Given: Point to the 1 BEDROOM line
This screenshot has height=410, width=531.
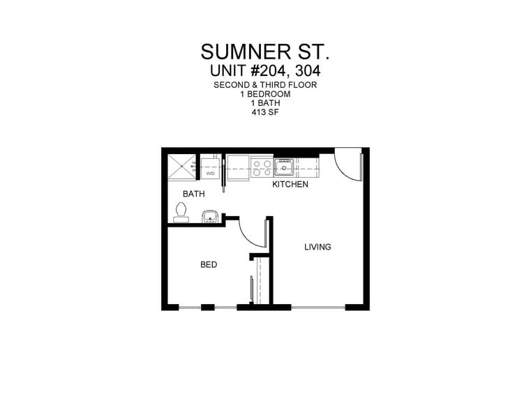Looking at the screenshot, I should click(265, 93).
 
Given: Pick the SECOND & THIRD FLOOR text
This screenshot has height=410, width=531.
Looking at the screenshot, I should click(265, 84).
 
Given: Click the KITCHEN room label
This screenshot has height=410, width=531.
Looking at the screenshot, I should click(290, 184).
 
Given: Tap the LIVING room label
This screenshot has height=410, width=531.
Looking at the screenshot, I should click(317, 247).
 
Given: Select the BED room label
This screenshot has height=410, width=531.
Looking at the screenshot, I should click(208, 265).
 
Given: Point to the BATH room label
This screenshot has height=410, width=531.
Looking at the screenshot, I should click(193, 194).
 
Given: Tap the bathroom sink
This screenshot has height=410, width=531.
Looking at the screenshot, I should click(210, 217).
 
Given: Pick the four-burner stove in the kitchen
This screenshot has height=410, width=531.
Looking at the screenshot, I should click(262, 167).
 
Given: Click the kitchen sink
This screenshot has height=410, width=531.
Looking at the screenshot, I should click(284, 167).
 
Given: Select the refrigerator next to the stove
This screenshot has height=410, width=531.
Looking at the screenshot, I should click(238, 167).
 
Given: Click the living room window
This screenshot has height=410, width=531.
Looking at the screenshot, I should click(318, 307).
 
